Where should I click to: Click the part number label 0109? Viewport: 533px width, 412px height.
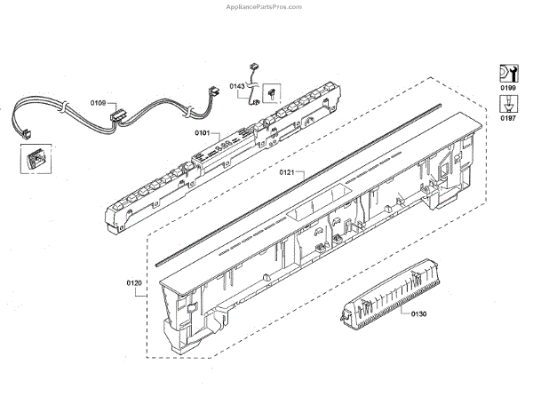coord(98,104)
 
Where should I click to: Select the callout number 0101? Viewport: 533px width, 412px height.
coord(203,133)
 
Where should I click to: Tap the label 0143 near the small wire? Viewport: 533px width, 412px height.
coord(237,86)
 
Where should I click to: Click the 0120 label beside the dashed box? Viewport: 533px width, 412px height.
coord(134,284)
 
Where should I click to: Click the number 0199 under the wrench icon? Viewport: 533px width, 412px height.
coord(507,90)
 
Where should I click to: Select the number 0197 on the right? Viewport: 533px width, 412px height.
coord(507,117)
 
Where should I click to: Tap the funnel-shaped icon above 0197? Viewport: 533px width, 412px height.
coord(507,103)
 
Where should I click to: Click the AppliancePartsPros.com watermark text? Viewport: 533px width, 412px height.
coord(266,5)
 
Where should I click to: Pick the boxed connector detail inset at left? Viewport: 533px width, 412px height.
coord(34,160)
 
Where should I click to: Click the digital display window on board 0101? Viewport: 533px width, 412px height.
coord(235,139)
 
